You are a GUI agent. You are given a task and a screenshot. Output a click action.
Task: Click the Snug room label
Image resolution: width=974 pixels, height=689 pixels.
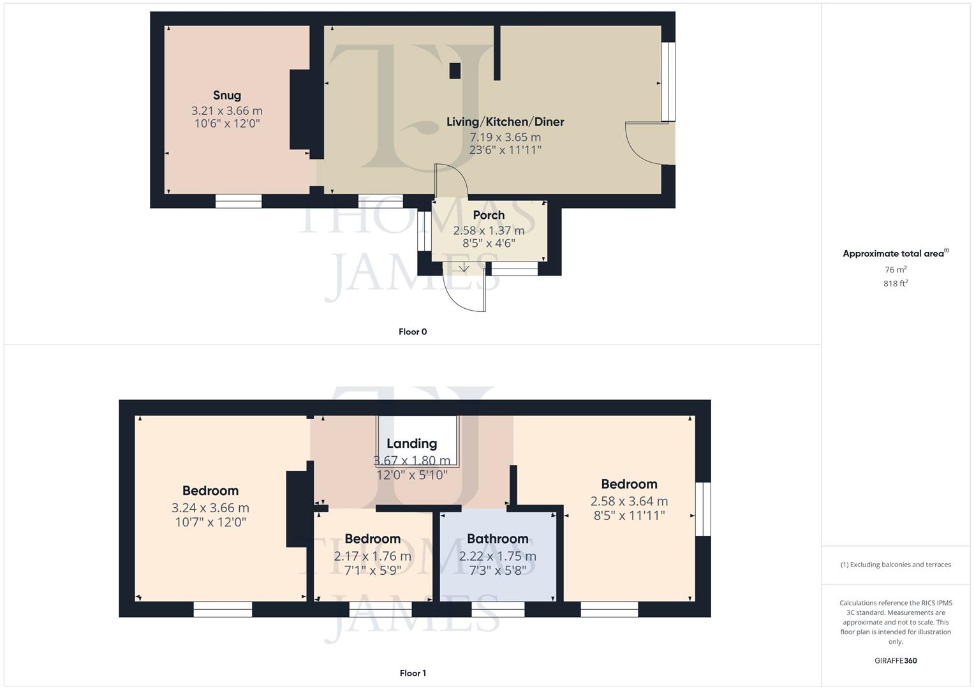pyautogui.click(x=227, y=95)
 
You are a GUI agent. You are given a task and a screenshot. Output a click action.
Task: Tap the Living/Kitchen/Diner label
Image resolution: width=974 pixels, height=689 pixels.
pyautogui.click(x=505, y=122)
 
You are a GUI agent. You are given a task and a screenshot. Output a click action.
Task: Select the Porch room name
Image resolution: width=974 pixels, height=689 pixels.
pyautogui.click(x=489, y=215)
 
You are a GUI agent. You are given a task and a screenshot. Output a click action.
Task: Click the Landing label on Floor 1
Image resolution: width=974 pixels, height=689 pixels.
pyautogui.click(x=411, y=443)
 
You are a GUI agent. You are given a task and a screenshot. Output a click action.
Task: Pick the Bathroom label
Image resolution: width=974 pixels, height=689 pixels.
pyautogui.click(x=498, y=538)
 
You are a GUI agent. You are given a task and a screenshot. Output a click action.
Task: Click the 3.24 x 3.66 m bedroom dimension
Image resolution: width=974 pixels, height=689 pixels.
pyautogui.click(x=210, y=508)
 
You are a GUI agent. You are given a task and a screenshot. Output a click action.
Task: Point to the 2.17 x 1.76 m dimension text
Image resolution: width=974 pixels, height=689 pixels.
pyautogui.click(x=373, y=556)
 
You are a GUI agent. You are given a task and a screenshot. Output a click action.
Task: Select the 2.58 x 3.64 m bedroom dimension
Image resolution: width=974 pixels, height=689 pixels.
pyautogui.click(x=629, y=501)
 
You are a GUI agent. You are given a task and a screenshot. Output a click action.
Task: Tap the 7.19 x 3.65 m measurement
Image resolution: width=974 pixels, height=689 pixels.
pyautogui.click(x=505, y=137)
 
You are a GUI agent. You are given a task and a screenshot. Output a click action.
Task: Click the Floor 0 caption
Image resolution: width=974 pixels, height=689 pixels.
pyautogui.click(x=413, y=332)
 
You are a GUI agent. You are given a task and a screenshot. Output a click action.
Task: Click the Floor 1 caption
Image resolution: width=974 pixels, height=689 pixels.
pyautogui.click(x=413, y=673)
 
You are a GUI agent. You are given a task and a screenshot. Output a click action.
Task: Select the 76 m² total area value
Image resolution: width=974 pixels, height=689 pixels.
pyautogui.click(x=896, y=270)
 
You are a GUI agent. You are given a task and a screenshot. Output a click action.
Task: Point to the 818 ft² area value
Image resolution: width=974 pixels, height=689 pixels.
pyautogui.click(x=896, y=284)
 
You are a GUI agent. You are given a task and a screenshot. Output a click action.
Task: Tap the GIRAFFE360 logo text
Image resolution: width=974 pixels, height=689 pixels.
pyautogui.click(x=896, y=660)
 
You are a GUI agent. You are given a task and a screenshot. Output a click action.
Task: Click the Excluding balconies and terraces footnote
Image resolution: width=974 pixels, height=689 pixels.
pyautogui.click(x=896, y=565)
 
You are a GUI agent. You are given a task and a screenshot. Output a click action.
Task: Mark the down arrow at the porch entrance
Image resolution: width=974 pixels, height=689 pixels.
pyautogui.click(x=464, y=267)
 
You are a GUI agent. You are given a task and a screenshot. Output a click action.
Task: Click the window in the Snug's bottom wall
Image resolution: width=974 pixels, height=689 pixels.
pyautogui.click(x=239, y=202)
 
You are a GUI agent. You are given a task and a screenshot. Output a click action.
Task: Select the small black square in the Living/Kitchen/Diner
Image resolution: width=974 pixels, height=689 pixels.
pyautogui.click(x=455, y=71)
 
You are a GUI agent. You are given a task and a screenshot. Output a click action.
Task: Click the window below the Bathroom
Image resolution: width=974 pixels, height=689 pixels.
pyautogui.click(x=498, y=610)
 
